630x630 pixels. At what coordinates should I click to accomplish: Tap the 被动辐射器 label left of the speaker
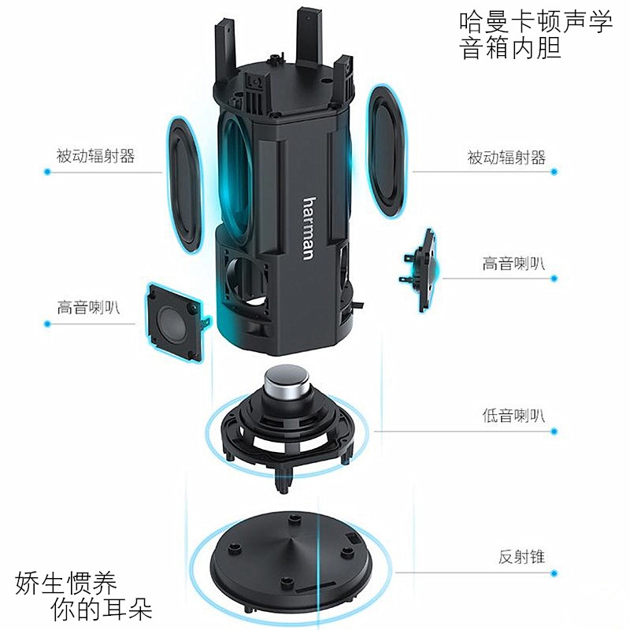pyautogui.click(x=95, y=156)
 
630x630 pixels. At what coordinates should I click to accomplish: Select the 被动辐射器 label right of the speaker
pyautogui.click(x=506, y=157)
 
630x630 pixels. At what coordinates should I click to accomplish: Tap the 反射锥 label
pyautogui.click(x=521, y=558)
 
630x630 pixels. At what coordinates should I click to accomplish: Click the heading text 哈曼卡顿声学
pyautogui.click(x=535, y=22)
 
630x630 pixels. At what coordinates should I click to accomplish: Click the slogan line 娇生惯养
pyautogui.click(x=66, y=584)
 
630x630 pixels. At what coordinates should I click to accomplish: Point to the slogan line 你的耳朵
pyautogui.click(x=101, y=609)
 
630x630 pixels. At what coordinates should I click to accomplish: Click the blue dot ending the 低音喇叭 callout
pyautogui.click(x=554, y=432)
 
